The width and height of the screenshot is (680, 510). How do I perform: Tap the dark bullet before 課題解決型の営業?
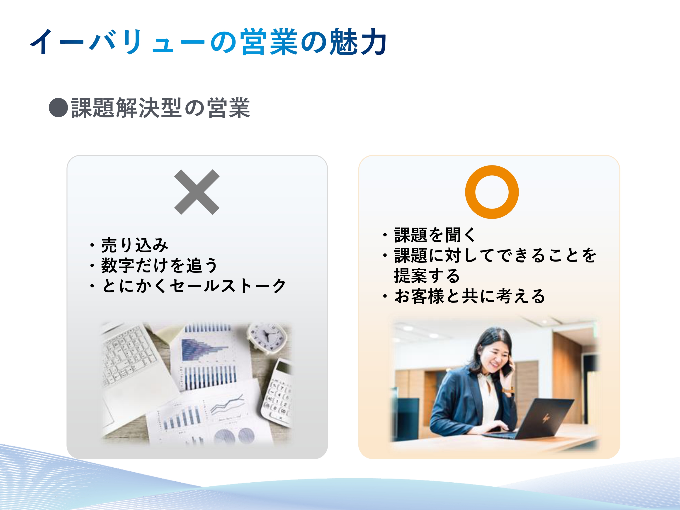point(58,108)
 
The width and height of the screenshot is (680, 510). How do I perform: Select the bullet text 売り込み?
point(135,245)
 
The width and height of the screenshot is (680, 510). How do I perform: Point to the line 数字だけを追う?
point(159,265)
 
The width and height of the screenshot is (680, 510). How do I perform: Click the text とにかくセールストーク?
point(194,286)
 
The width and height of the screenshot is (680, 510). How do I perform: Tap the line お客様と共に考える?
point(469,296)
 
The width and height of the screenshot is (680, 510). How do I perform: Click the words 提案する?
point(427,276)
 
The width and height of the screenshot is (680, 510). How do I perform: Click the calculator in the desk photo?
point(276,393)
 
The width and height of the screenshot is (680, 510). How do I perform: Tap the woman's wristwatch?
point(508,390)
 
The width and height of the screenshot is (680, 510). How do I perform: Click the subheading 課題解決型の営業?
point(160,108)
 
